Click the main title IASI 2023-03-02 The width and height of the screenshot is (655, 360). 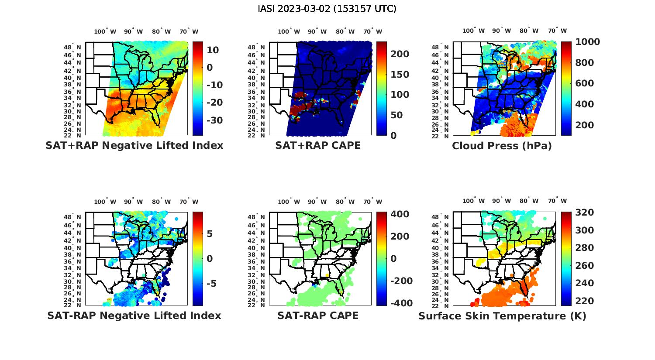(x=327, y=9)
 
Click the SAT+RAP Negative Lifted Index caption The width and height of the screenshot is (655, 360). (x=134, y=146)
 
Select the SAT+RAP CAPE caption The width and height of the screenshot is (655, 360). (x=318, y=146)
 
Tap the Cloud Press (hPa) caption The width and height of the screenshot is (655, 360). (x=502, y=146)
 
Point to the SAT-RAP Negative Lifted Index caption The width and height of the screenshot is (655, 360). (x=134, y=315)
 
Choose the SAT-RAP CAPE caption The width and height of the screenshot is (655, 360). (x=318, y=315)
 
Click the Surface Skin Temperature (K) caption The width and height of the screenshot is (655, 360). (x=502, y=316)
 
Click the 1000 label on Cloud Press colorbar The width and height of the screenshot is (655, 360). (x=587, y=42)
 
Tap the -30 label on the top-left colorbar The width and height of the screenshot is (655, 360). (x=214, y=120)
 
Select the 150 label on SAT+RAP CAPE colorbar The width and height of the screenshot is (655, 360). (x=399, y=75)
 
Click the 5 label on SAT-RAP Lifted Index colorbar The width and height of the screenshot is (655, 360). (x=210, y=234)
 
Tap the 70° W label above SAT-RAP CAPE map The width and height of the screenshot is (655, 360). (x=372, y=202)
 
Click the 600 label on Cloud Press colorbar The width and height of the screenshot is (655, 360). (x=584, y=83)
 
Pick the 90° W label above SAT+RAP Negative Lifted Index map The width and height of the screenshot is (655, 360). (x=134, y=31)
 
